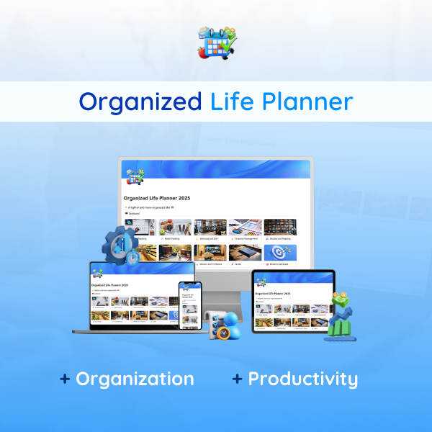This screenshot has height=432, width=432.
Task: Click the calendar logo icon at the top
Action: [x=215, y=42]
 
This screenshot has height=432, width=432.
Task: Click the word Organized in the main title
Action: [x=140, y=102]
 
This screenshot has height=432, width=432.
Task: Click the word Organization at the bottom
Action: [x=135, y=379]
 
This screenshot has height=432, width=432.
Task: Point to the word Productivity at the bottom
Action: [x=302, y=379]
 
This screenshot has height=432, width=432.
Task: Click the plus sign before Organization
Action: [x=65, y=379]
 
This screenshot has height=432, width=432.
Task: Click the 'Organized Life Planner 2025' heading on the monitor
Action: [x=157, y=198]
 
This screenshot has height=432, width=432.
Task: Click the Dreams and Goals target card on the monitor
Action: [x=280, y=254]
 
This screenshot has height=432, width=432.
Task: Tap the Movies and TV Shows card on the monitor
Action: [x=210, y=254]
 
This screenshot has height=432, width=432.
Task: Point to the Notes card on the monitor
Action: [x=245, y=254]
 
